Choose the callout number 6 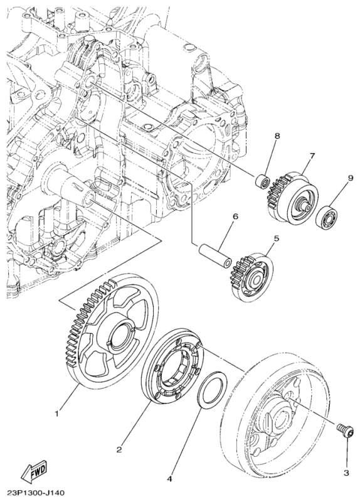tap(235, 217)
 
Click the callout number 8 tap(277, 136)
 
